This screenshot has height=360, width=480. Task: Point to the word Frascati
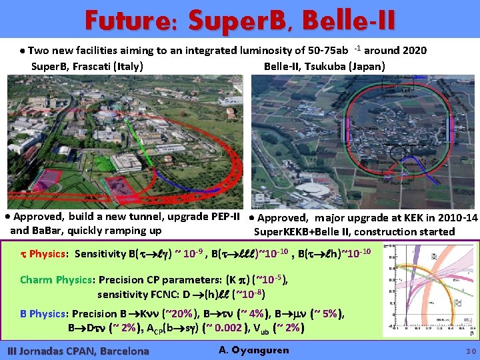coord(93,67)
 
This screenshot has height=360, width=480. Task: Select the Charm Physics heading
coord(53,280)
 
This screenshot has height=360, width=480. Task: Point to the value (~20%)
coord(180,315)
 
